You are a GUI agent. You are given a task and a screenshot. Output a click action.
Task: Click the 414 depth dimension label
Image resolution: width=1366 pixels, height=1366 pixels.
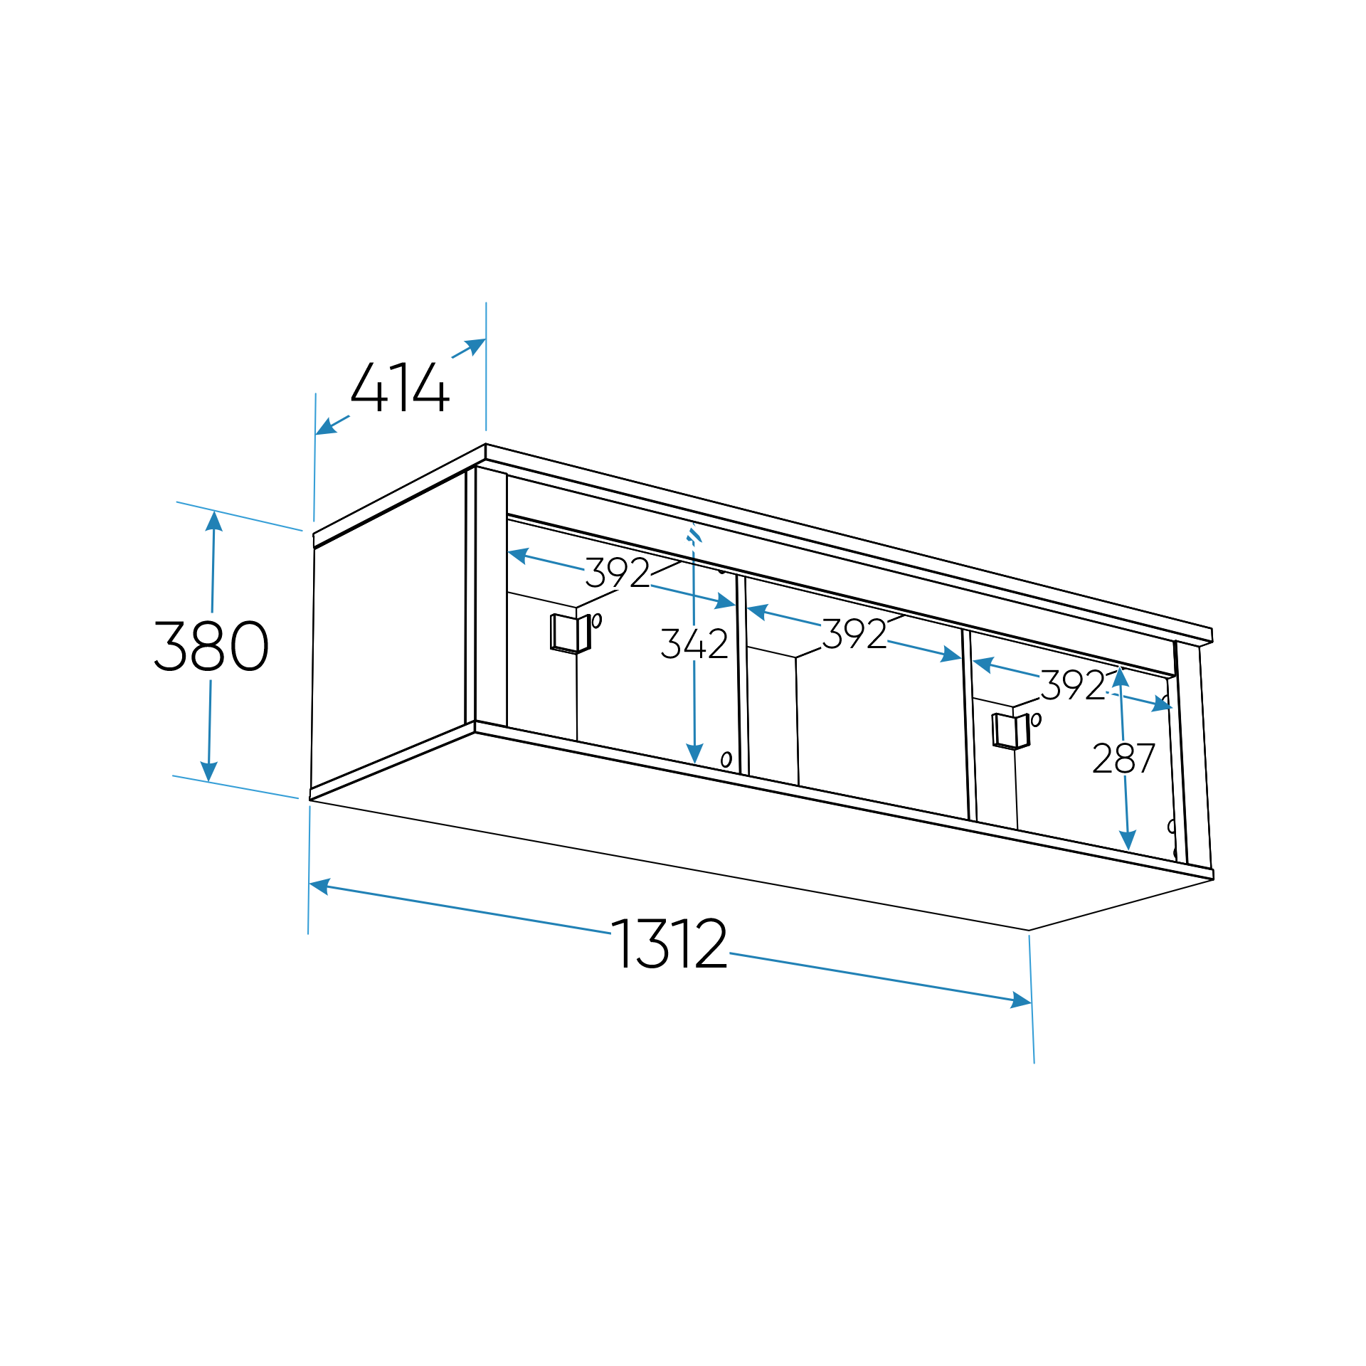coord(400,387)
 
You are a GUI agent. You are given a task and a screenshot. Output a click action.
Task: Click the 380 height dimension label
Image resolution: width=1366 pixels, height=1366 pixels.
coord(211,645)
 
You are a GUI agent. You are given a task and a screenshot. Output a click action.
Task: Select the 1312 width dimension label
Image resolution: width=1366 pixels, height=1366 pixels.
coord(669,943)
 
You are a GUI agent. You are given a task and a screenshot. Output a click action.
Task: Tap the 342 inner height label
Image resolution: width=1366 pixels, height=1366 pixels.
coord(694,643)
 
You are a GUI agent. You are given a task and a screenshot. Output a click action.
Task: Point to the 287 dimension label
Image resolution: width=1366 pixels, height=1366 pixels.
coord(1123,758)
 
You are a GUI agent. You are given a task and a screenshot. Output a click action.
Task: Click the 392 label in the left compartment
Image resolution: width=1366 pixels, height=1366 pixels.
coord(617,573)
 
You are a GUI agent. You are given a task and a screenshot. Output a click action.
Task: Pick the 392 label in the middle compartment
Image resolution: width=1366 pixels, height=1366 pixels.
coord(854,634)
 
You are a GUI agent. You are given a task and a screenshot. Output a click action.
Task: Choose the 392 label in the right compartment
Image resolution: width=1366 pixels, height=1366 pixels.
coord(1073,685)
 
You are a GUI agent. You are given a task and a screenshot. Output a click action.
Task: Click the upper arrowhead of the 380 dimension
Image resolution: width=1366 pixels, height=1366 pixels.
coord(214,521)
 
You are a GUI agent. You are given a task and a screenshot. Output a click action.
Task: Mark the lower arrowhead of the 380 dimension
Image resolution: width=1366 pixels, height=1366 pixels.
coord(208,772)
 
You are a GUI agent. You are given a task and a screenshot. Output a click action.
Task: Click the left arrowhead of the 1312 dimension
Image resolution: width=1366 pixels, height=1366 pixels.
coord(319,886)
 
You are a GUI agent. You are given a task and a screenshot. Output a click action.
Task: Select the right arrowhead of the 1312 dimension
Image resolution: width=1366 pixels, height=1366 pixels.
coord(1022,1001)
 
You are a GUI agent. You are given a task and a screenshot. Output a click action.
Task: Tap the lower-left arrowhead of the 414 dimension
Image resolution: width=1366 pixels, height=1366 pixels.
coord(324,428)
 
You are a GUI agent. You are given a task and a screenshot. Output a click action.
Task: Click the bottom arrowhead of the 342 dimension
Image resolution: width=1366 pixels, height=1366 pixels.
coord(695,754)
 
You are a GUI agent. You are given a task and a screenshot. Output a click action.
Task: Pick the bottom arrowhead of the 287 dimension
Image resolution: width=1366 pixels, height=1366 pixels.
coord(1128,840)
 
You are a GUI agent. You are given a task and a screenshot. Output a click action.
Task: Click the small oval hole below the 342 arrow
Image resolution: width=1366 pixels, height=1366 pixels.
coord(726,759)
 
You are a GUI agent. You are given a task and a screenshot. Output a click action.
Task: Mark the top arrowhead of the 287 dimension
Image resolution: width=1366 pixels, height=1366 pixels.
coord(1121,677)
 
